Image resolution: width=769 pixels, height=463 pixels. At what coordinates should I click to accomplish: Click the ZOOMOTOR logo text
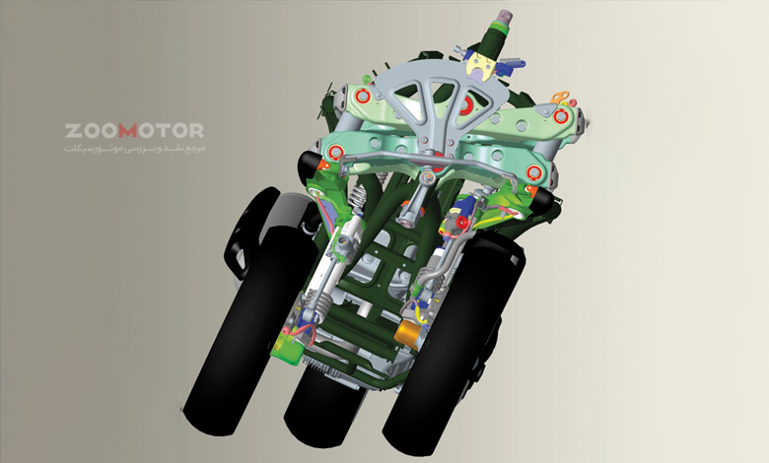click(x=134, y=131)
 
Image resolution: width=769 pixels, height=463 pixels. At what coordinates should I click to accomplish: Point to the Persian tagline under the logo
click(x=134, y=148)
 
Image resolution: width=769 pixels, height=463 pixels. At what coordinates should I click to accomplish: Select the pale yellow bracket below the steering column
click(x=479, y=66)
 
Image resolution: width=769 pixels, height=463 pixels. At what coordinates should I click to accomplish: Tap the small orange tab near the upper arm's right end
click(x=560, y=97)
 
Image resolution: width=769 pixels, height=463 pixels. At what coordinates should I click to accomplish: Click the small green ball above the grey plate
click(x=366, y=79)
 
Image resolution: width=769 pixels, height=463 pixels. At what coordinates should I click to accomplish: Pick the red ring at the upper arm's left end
click(x=362, y=96)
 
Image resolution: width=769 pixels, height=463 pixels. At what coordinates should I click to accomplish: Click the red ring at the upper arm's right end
click(x=560, y=116)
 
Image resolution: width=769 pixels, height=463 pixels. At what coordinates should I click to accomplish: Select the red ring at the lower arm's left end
click(x=335, y=152)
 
